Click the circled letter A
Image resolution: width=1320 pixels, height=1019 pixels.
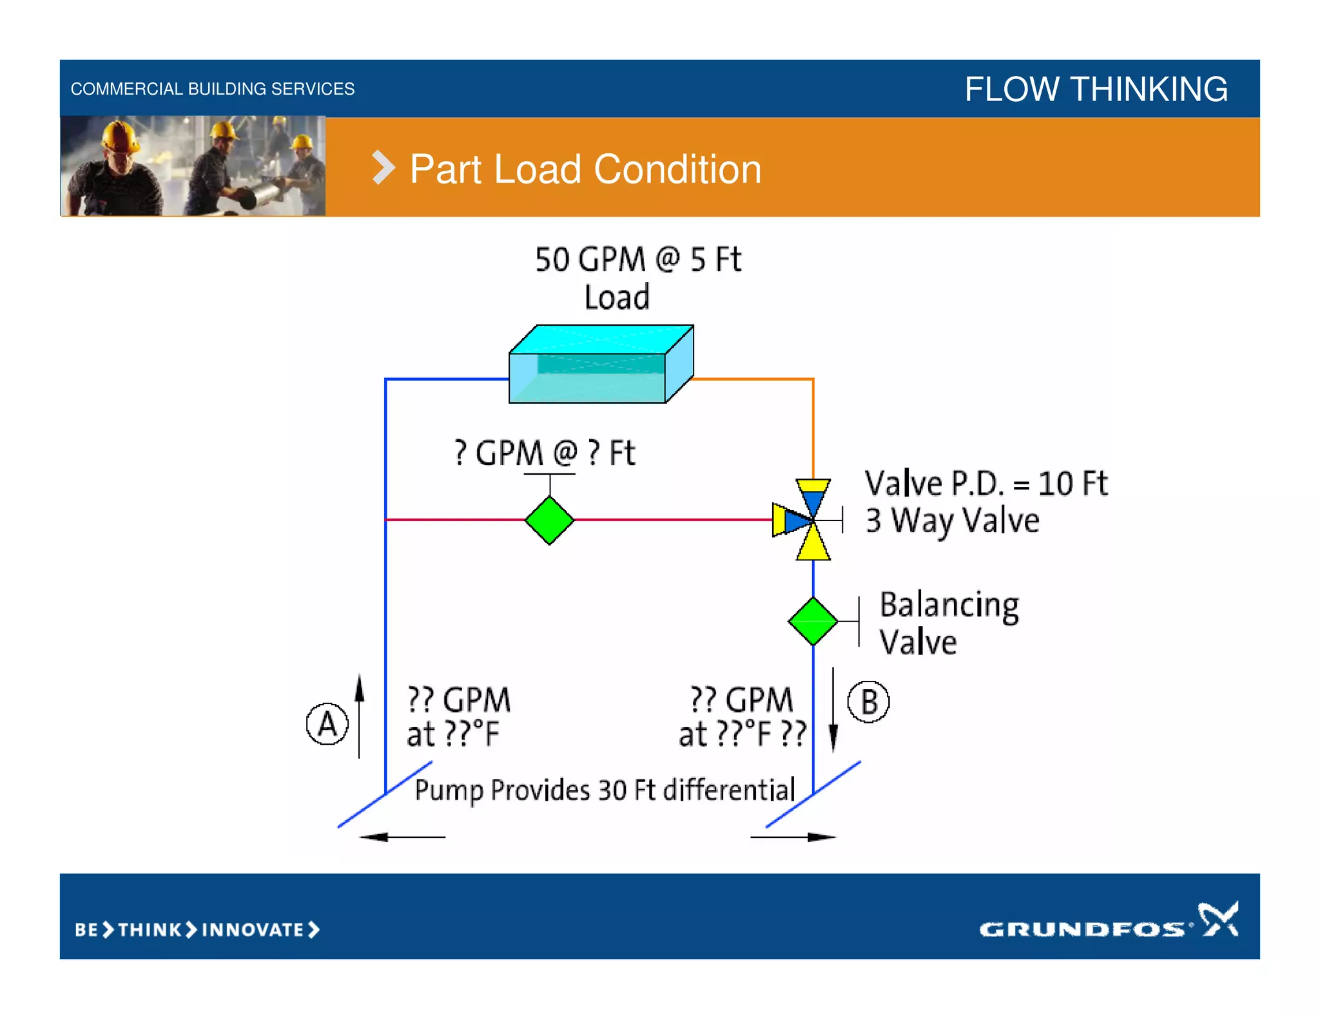point(327,724)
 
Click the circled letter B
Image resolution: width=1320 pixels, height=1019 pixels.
point(868,702)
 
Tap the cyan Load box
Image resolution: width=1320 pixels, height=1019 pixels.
point(601,365)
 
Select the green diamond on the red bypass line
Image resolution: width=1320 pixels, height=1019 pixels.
point(549,520)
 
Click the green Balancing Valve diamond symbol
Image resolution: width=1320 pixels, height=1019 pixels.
point(813,621)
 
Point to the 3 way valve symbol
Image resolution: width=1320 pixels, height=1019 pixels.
point(810,519)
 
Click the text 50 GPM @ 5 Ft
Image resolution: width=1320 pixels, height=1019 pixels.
point(637,260)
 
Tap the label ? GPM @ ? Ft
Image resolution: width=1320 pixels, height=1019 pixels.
point(545,453)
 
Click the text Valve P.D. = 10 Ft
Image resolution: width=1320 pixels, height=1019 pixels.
point(985,483)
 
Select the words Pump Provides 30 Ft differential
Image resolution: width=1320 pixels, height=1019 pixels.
point(605,790)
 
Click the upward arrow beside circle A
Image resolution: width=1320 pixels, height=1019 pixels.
point(360,715)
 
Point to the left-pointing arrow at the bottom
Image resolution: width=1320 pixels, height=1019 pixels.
point(402,837)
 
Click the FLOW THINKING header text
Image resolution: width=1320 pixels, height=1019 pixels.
point(1096,89)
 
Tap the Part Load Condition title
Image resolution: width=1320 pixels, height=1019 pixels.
point(585,169)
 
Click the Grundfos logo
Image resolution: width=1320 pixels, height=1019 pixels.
point(1108,922)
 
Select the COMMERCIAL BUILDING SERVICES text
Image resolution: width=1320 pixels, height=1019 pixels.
point(213,89)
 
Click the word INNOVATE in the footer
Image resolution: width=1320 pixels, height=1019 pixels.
point(253,929)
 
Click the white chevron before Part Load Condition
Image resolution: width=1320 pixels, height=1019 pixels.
point(383,168)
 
